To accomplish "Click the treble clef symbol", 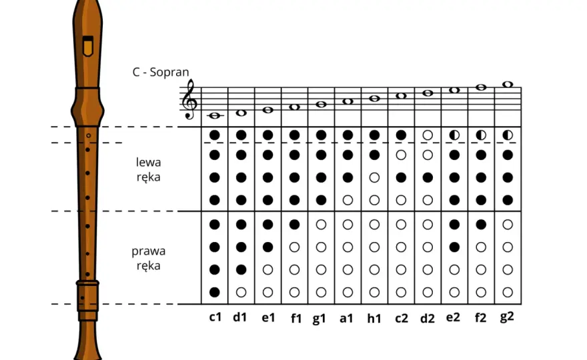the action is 189,99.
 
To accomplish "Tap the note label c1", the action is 215,317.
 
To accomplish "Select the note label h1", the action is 374,318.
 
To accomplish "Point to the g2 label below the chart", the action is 507,317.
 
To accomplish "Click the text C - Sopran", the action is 161,72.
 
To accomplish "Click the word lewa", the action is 148,162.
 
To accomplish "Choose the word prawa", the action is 148,251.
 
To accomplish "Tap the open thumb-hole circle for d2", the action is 428,135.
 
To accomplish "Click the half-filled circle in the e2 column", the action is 454,135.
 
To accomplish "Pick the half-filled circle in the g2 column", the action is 508,135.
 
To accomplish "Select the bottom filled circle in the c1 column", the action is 215,292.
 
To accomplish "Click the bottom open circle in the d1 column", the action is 241,292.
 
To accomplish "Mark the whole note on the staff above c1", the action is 215,115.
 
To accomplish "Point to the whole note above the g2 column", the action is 508,84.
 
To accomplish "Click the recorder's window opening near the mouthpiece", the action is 88,46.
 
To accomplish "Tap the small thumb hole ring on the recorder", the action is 88,135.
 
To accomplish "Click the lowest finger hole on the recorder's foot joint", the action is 82,298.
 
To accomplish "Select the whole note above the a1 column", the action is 348,101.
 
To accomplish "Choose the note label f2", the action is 480,317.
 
